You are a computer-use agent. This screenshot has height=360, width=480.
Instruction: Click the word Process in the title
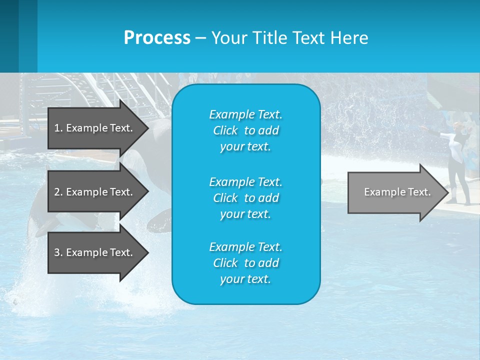coord(157,37)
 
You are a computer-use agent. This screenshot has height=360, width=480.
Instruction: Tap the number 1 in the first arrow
coord(57,128)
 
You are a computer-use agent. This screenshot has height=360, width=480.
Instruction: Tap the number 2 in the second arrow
coord(57,192)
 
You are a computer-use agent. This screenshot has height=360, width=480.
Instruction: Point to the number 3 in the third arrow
coord(57,252)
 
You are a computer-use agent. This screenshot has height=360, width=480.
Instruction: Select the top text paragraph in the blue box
coord(245,130)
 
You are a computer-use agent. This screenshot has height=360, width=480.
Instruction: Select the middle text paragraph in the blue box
coord(245,197)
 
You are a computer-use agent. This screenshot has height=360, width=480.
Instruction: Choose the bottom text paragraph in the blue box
coord(245,263)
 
